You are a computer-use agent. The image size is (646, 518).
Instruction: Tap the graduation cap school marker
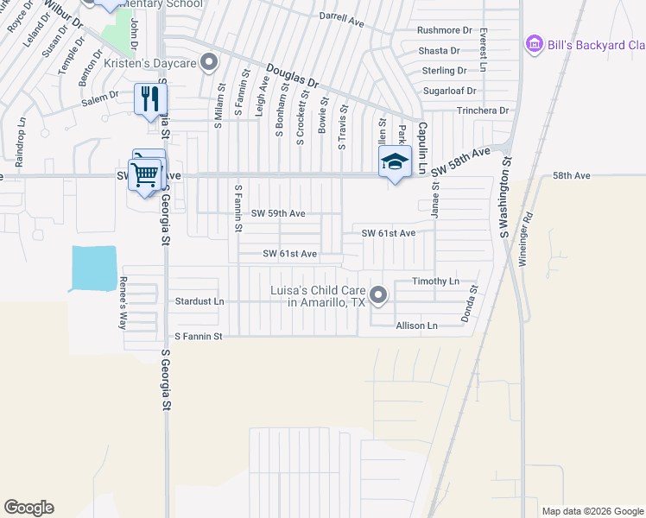(395, 161)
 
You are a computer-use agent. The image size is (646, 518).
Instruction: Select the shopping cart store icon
(145, 175)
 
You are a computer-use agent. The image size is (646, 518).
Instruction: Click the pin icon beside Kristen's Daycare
(208, 62)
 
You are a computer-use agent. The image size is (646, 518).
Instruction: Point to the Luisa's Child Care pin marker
(378, 297)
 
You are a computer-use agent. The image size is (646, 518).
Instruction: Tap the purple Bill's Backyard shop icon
(534, 43)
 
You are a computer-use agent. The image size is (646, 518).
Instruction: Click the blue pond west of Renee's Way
(93, 268)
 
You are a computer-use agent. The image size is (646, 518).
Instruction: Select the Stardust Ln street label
(199, 302)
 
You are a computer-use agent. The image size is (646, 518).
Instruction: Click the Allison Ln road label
(417, 325)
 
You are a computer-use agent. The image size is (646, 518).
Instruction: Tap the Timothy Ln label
(435, 281)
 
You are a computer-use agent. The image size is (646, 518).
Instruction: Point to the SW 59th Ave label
(278, 213)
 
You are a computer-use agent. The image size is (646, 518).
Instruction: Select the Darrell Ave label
(341, 16)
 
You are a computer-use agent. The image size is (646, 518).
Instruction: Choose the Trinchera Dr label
(484, 111)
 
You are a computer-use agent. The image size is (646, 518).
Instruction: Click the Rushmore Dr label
(445, 30)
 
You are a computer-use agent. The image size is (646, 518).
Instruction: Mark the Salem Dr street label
(100, 99)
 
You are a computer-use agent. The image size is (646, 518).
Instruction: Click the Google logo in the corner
(28, 508)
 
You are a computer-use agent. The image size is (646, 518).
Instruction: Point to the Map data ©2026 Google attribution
(592, 511)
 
